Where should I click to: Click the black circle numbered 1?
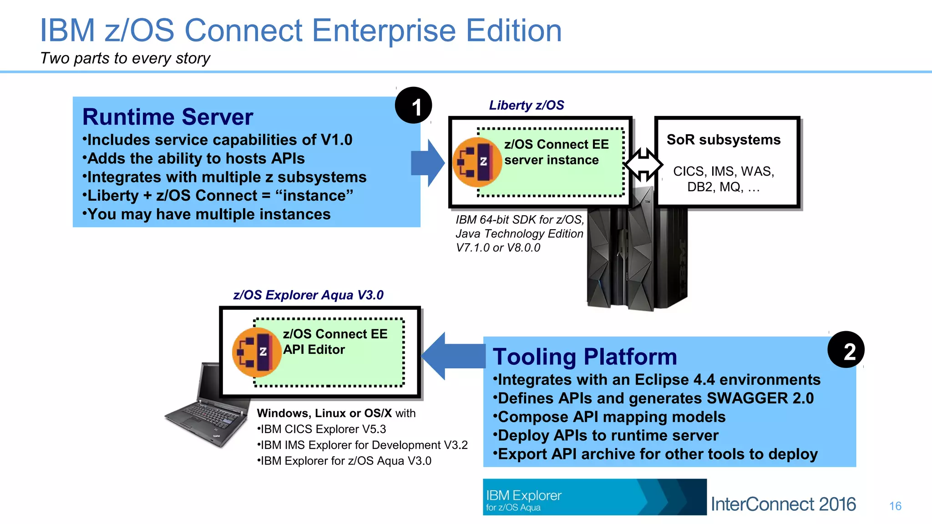pos(413,106)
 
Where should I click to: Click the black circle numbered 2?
pos(846,350)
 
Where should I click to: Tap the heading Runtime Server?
pos(167,117)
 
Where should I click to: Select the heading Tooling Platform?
pos(585,357)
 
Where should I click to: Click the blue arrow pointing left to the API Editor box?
pos(452,356)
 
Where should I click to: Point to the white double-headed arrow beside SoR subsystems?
pos(643,164)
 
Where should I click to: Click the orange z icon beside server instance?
pos(477,162)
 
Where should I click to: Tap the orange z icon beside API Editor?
pos(256,352)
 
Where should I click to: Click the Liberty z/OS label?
pos(526,106)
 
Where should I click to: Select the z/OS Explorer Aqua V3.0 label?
pos(308,295)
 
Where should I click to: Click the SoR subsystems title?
pos(723,140)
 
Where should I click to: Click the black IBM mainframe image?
pos(637,259)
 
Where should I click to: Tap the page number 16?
pos(895,506)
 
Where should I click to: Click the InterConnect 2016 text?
pos(783,504)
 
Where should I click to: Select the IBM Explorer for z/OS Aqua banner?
pos(594,497)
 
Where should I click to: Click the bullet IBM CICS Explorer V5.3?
pos(322,429)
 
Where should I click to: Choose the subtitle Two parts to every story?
pos(125,58)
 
